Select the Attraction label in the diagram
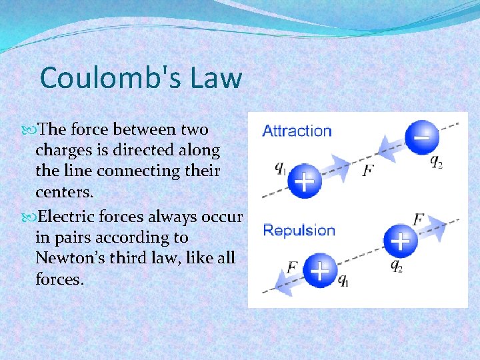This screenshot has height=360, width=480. pos(297,131)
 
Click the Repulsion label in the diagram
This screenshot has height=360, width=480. pos(299,231)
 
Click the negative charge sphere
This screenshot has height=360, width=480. pos(422,138)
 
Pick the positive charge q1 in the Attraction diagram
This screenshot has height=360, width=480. pos(304,180)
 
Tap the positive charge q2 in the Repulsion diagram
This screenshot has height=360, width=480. pos(399,241)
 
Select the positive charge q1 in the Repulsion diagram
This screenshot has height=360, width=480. pos(320,271)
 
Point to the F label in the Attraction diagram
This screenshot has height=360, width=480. pos(368,171)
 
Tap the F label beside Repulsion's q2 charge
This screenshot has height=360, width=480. pos(419,219)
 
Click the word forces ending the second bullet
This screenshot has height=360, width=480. pos(60,279)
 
